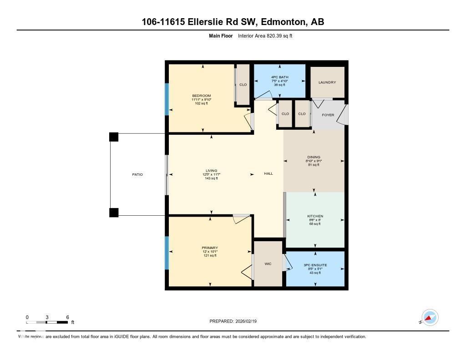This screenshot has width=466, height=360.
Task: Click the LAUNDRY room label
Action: (327, 82)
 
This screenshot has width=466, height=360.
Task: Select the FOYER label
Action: (328, 115)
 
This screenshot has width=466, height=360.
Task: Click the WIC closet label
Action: (268, 264)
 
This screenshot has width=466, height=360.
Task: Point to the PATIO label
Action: (137, 174)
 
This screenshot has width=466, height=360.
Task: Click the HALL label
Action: (268, 173)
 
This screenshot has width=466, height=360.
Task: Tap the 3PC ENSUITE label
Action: (315, 265)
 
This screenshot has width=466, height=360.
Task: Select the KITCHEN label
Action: (315, 216)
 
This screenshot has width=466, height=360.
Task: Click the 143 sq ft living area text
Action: (211, 178)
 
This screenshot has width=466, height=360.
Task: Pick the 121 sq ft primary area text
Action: (210, 256)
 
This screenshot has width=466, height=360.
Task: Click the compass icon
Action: (430, 318)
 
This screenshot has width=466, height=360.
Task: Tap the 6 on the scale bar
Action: (67, 317)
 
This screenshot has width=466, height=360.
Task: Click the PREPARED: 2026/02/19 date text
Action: (236, 321)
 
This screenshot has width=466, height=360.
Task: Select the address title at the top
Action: (233, 22)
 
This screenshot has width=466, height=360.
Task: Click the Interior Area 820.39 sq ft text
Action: (265, 35)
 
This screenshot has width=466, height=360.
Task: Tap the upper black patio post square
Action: (114, 137)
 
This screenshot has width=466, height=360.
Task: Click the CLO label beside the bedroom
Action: (243, 85)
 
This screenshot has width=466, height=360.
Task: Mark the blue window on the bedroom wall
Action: (167, 99)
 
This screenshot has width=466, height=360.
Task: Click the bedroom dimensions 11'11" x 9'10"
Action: (201, 99)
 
